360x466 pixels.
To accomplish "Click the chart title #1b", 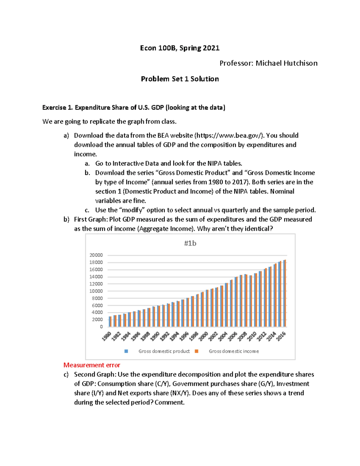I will [x=190, y=243].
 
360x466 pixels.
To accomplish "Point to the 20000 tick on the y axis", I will [x=96, y=255].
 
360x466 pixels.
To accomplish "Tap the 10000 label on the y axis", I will [x=96, y=291].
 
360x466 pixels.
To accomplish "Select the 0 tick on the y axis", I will [x=101, y=327].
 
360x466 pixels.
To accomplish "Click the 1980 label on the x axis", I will [x=107, y=336].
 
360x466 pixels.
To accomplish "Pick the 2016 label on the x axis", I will [x=281, y=336].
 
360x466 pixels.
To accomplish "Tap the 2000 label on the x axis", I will [x=204, y=336].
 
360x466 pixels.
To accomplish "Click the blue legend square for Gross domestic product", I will [x=126, y=351].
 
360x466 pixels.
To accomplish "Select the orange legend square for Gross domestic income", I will [x=196, y=351].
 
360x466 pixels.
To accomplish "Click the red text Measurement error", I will [x=92, y=365].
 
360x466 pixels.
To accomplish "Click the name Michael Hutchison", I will [x=286, y=63].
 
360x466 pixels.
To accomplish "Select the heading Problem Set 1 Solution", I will [x=180, y=79].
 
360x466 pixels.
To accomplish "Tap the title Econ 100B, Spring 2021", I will [x=180, y=48].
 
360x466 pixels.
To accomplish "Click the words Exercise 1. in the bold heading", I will [x=58, y=107].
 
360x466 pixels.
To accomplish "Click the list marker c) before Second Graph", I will [x=66, y=374].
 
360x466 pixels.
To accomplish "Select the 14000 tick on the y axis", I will [x=96, y=277].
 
